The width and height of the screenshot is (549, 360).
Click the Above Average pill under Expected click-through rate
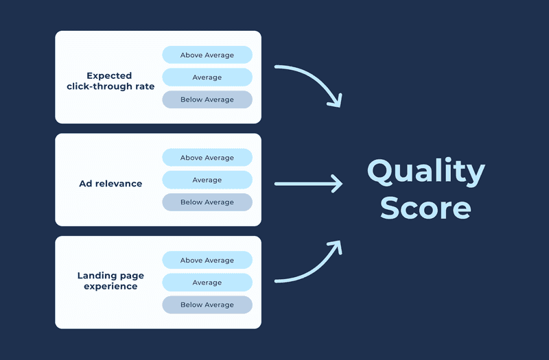click(x=207, y=55)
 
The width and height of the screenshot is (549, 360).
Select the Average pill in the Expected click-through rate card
click(x=207, y=77)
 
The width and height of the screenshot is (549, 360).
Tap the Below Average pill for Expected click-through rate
click(x=207, y=99)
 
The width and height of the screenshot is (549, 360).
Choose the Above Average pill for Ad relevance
click(x=207, y=158)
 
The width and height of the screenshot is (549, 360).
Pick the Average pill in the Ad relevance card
click(x=207, y=180)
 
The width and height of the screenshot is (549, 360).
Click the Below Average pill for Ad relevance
click(x=207, y=202)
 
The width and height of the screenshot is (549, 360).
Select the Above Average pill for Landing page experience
click(x=207, y=261)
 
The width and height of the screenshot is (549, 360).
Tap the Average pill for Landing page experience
click(x=207, y=283)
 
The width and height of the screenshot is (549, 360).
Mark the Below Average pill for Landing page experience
click(x=207, y=304)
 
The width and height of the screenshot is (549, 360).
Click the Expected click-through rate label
click(x=110, y=81)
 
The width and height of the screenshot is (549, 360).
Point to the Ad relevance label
click(x=110, y=184)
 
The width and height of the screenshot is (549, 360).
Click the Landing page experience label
click(x=110, y=280)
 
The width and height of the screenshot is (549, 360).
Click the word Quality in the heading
click(x=425, y=172)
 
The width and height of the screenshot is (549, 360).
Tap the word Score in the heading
click(x=425, y=208)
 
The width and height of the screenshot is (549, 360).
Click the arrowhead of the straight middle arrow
click(x=337, y=184)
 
